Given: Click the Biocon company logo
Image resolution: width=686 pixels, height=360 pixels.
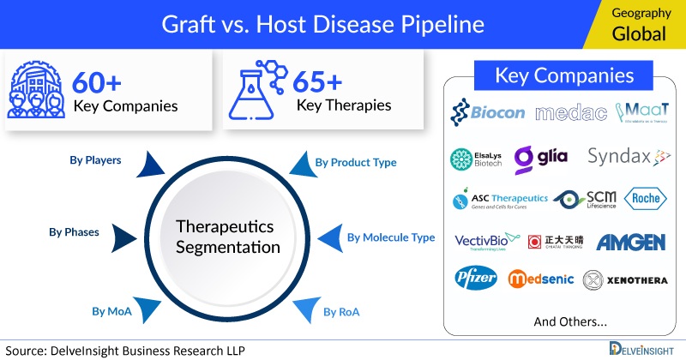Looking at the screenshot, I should (486, 112).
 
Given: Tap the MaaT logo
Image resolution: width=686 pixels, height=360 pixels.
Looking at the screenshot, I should (641, 112).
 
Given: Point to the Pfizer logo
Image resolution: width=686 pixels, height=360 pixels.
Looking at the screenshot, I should (476, 279).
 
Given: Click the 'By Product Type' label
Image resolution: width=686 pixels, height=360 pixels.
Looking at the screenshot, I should (355, 162).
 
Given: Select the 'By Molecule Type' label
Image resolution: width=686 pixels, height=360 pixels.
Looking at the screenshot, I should (390, 237).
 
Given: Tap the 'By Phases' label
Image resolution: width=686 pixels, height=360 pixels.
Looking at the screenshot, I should (73, 231).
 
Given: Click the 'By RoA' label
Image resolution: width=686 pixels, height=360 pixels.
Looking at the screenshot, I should (341, 311).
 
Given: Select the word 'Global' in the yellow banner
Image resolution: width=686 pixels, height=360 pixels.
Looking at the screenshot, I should (638, 35).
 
